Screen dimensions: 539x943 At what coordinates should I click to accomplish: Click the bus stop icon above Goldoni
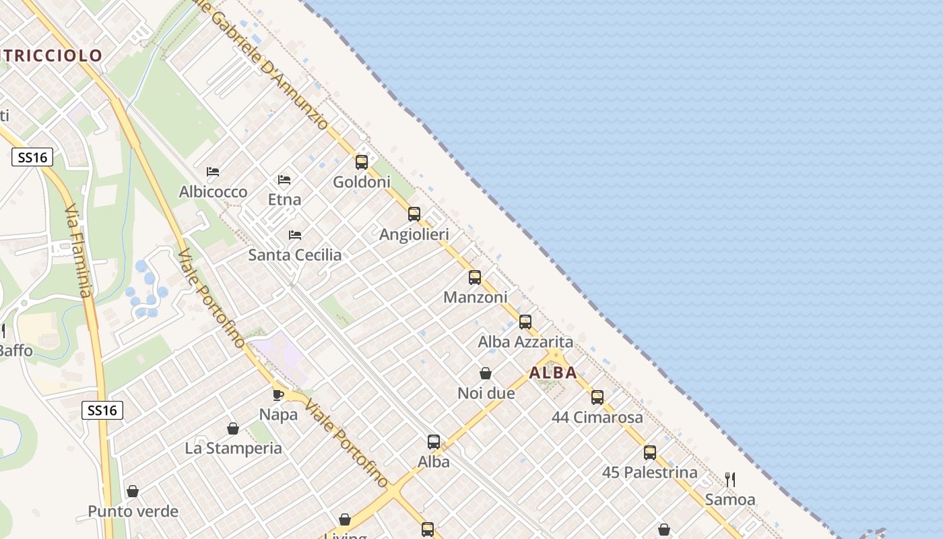pos(362,162)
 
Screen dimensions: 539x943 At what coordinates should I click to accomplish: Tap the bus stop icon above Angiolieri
pos(414,214)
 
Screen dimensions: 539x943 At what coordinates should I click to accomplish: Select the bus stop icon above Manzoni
pos(475,278)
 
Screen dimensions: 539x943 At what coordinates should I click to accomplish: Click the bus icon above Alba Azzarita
pos(525,322)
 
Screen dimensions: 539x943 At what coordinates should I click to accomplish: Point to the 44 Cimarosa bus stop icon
pos(597,398)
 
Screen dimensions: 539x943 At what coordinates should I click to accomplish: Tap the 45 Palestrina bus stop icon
pos(650,452)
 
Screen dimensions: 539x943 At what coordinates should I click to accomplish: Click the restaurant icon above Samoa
pos(730,480)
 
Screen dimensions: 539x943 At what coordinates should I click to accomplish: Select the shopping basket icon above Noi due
pos(486,373)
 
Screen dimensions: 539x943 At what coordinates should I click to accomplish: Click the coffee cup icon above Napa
pos(278,395)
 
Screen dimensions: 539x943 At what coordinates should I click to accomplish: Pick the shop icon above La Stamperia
pos(233,429)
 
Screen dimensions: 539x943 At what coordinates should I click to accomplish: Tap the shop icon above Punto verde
pos(133,491)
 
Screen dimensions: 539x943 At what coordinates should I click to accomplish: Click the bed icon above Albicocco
pos(213,172)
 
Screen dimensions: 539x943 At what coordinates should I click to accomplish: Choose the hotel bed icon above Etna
pos(284,180)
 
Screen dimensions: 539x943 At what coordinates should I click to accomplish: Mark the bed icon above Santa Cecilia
pos(295,235)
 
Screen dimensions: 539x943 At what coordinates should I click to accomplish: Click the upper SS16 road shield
pos(32,158)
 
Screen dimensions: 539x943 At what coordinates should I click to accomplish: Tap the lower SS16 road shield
pos(102,410)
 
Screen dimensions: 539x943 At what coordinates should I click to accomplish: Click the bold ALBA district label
pos(553,373)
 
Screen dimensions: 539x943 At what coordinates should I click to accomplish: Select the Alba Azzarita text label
pos(525,342)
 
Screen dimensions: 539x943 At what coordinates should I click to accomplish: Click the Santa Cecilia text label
pos(295,255)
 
